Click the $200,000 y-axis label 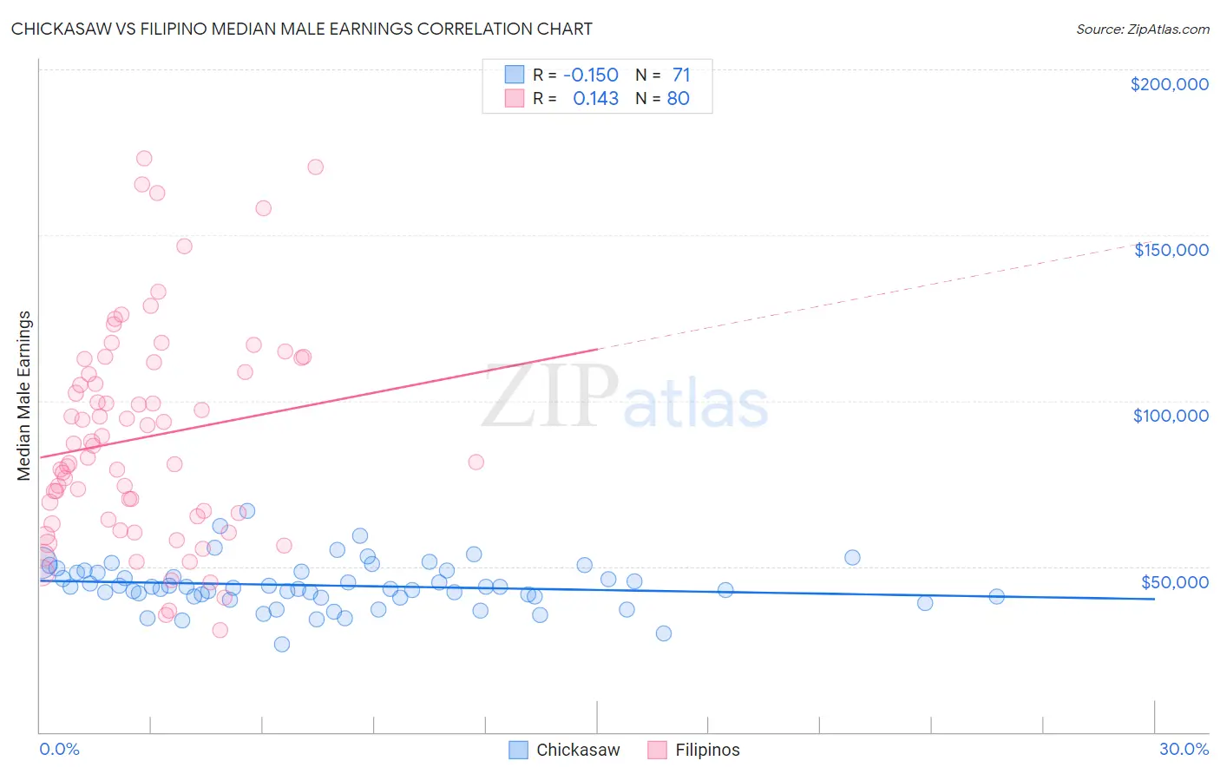pyautogui.click(x=1169, y=84)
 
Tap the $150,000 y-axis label pyautogui.click(x=1171, y=250)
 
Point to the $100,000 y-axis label pyautogui.click(x=1171, y=416)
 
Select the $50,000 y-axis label pyautogui.click(x=1174, y=582)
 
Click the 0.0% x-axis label pyautogui.click(x=59, y=749)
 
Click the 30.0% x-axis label pyautogui.click(x=1184, y=749)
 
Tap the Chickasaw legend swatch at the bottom pyautogui.click(x=518, y=750)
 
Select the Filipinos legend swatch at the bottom pyautogui.click(x=657, y=750)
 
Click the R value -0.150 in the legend pyautogui.click(x=590, y=75)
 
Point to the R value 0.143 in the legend pyautogui.click(x=595, y=99)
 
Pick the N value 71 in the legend pyautogui.click(x=680, y=75)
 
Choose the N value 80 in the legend pyautogui.click(x=678, y=99)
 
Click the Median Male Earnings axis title pyautogui.click(x=24, y=396)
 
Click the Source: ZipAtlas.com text pyautogui.click(x=1142, y=30)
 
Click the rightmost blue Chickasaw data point pyautogui.click(x=996, y=596)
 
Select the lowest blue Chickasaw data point pyautogui.click(x=282, y=644)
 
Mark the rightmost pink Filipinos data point pyautogui.click(x=476, y=462)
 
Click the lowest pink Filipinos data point pyautogui.click(x=220, y=630)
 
